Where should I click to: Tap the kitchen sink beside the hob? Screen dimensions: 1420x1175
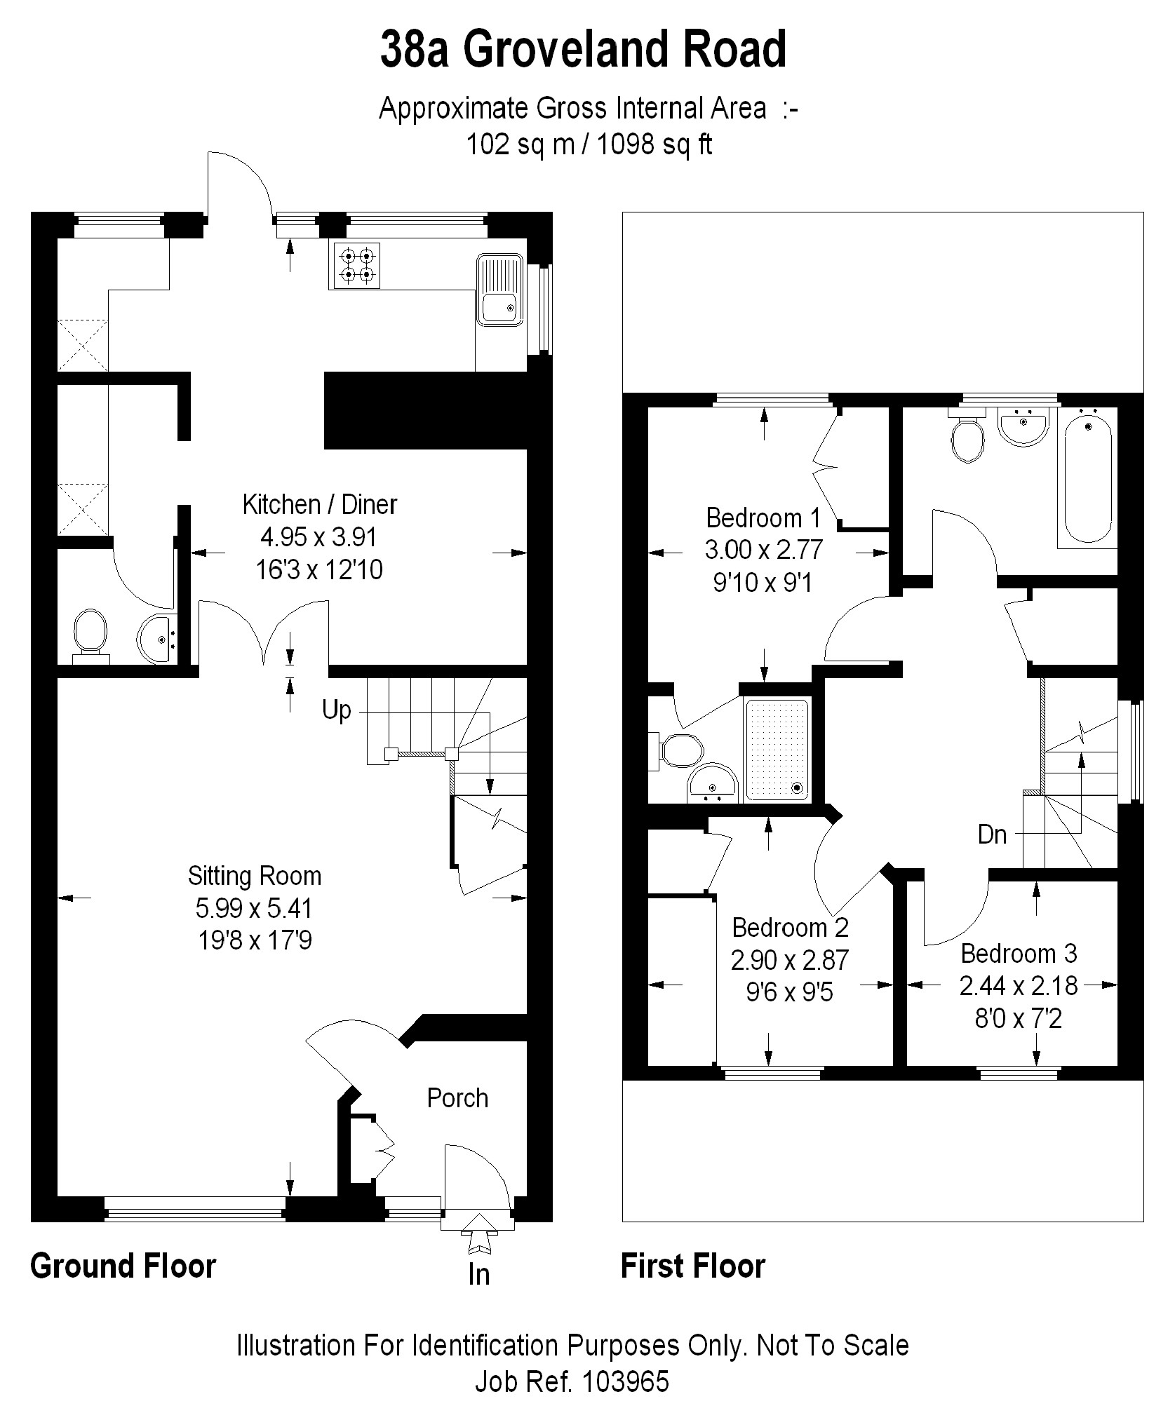click(x=499, y=290)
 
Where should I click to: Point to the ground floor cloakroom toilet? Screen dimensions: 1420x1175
click(x=90, y=633)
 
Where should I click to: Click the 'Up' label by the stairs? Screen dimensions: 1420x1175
click(x=336, y=710)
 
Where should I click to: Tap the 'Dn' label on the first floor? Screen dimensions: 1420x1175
click(x=992, y=834)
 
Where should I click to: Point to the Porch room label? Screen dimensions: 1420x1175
click(x=457, y=1097)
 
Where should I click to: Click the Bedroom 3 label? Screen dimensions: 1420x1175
click(x=1019, y=954)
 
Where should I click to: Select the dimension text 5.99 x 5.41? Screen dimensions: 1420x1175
click(x=253, y=909)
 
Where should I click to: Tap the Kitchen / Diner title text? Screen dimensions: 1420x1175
click(x=319, y=504)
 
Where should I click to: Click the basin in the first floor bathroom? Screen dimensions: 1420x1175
click(x=1023, y=426)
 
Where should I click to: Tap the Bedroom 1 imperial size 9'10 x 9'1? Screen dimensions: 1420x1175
click(x=763, y=582)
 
